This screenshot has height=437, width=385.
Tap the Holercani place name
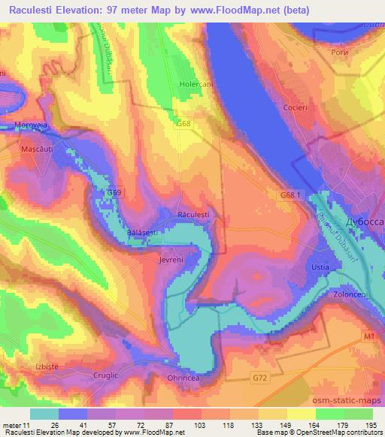(x=196, y=84)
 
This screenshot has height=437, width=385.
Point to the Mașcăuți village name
(x=37, y=149)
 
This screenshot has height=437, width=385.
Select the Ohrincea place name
(x=183, y=378)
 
